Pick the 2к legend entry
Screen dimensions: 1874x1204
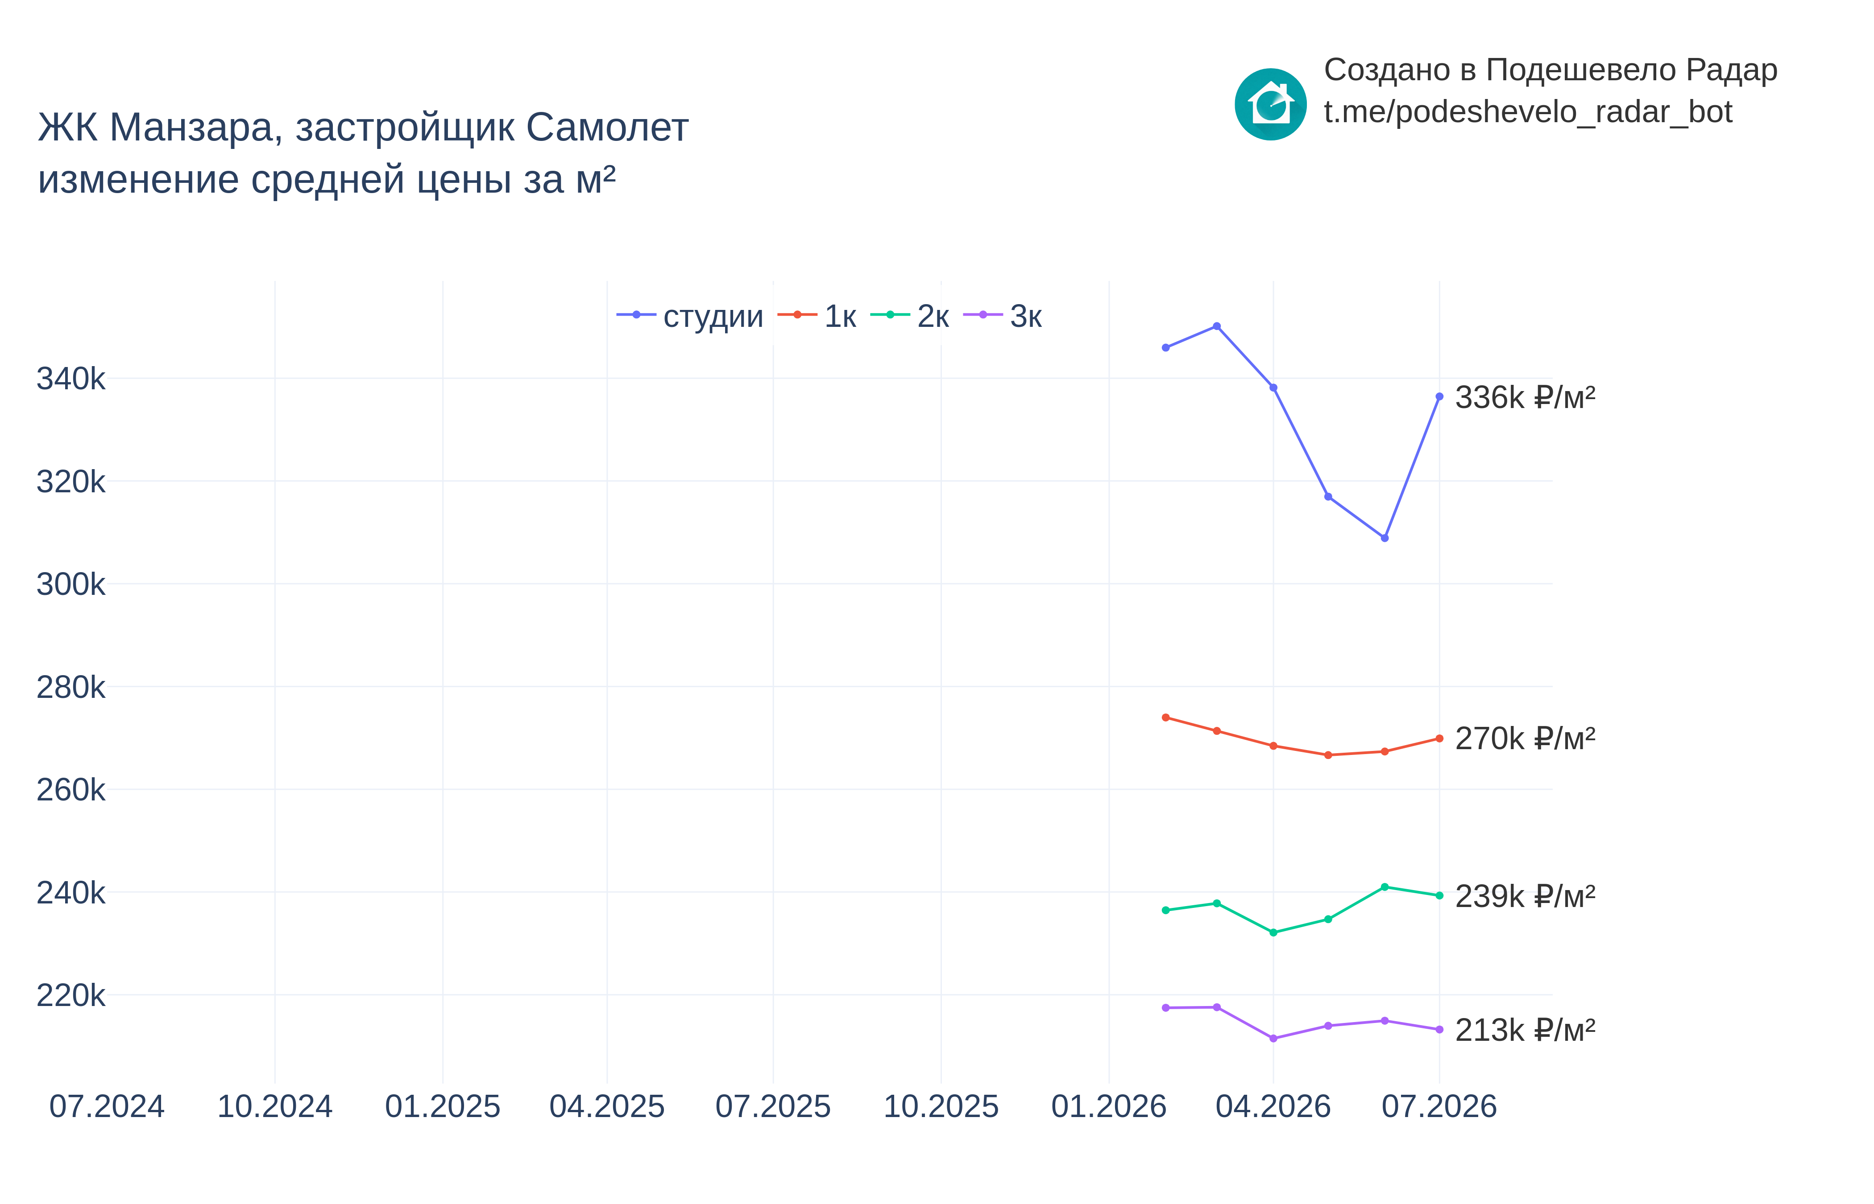910,316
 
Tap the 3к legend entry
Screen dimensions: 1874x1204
1003,316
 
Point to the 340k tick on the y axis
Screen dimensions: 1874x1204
70,379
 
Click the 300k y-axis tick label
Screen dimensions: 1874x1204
70,585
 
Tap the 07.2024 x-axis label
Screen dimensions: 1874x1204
107,1106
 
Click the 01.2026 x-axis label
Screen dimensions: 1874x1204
1109,1106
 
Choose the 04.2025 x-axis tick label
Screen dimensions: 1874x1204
607,1106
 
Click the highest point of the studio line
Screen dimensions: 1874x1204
1216,326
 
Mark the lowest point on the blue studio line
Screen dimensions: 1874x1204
1385,538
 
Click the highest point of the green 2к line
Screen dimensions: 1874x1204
1385,887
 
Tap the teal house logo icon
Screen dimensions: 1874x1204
1270,104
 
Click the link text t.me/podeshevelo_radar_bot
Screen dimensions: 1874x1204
1527,112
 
